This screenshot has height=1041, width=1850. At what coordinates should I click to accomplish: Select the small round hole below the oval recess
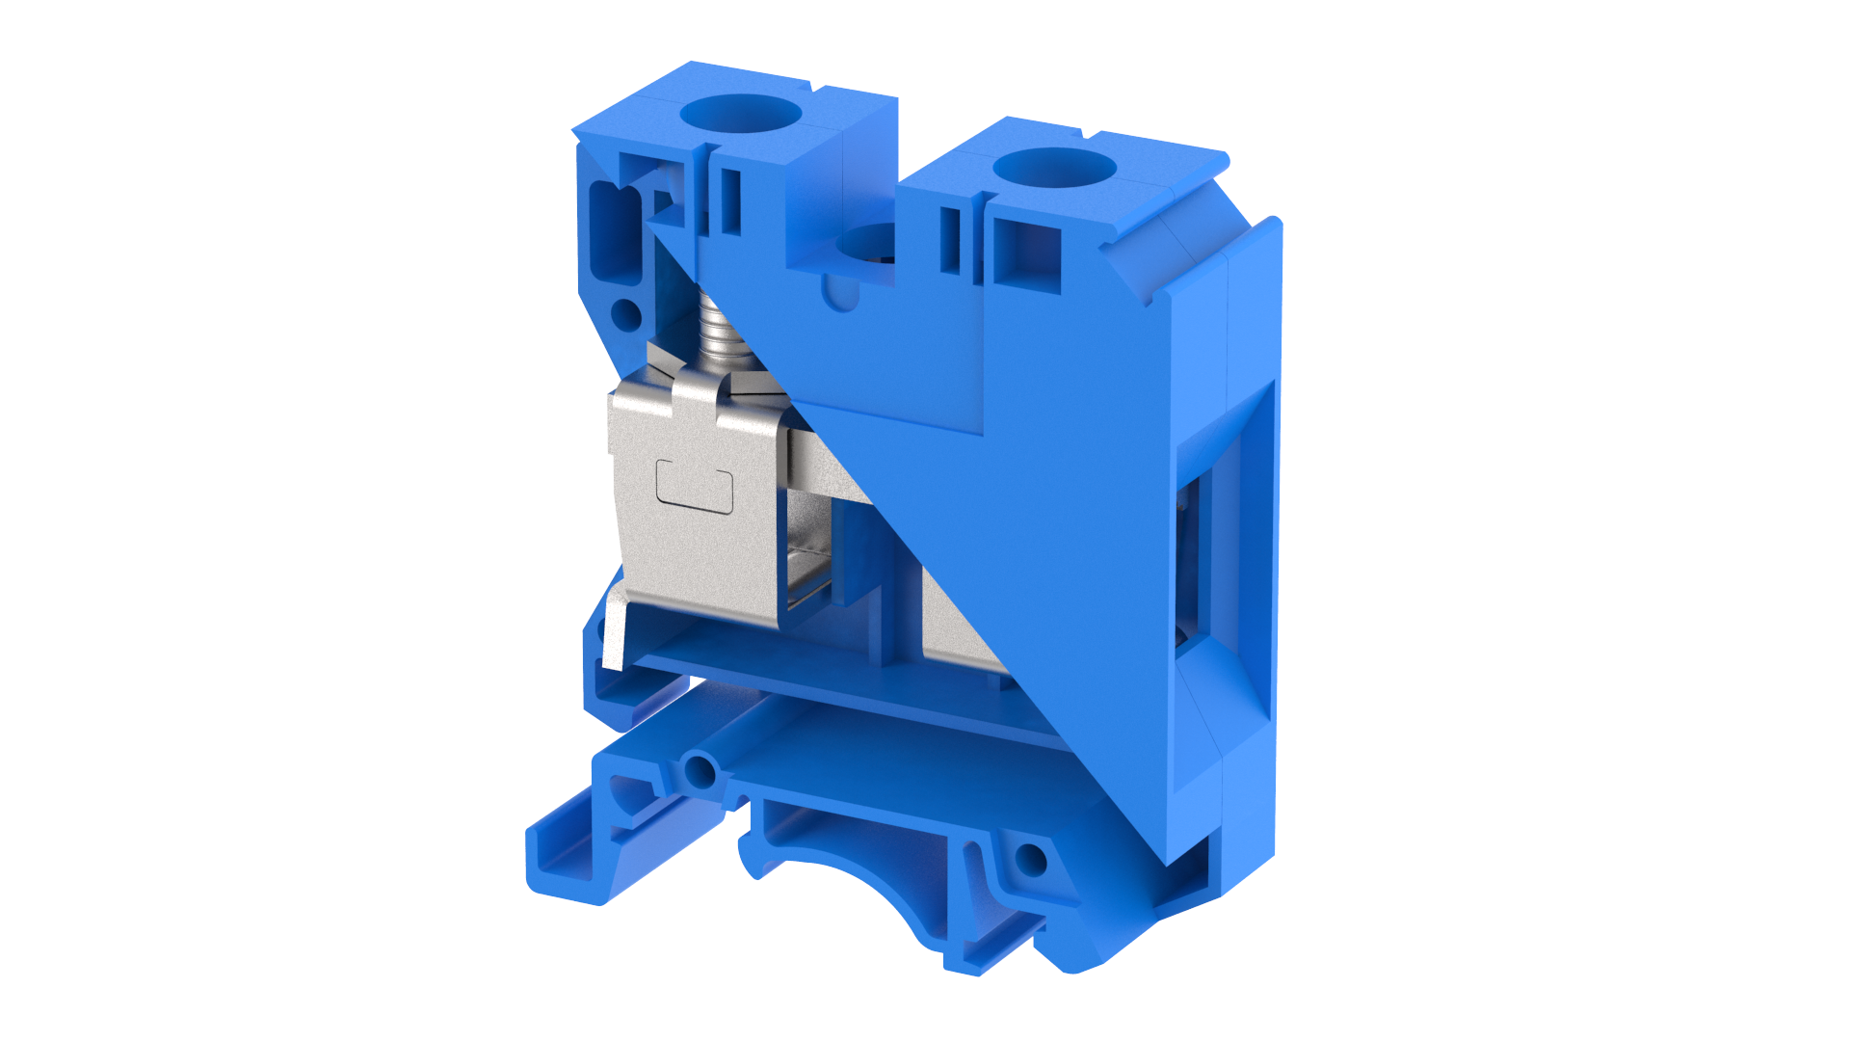pos(626,313)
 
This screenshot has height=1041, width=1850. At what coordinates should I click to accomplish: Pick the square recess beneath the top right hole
pos(1027,253)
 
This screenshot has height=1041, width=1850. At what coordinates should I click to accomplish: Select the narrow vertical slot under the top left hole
pos(732,201)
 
